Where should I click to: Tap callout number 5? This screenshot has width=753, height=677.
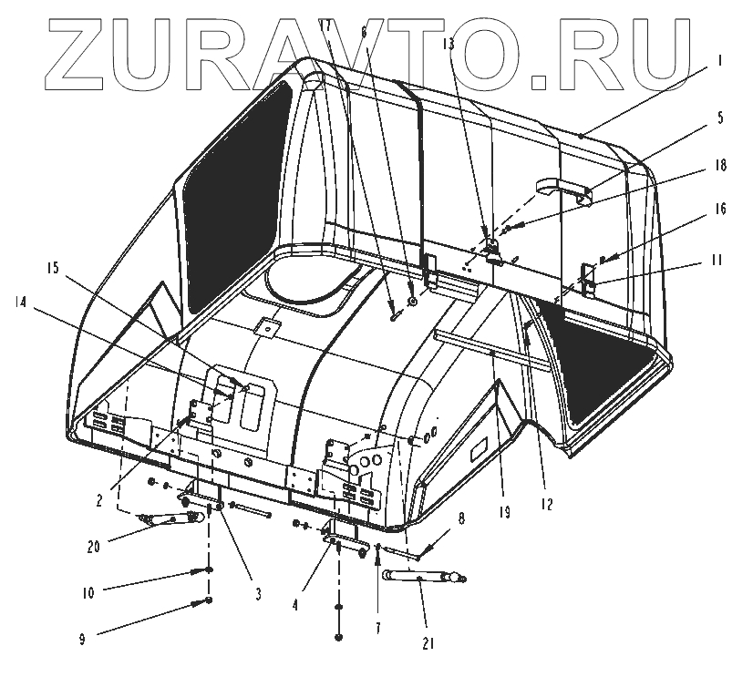point(719,118)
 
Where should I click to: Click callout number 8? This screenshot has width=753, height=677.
point(460,521)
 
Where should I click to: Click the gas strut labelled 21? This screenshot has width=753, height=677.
point(422,577)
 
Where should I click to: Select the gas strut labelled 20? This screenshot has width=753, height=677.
point(170,518)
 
